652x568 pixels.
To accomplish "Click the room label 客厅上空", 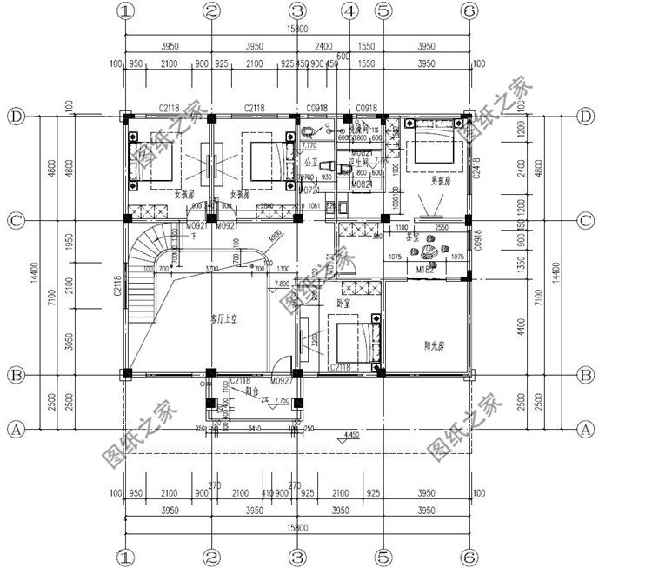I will (x=223, y=319).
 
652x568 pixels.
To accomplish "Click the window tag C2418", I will (x=476, y=168).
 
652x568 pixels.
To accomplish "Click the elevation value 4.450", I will (x=352, y=433).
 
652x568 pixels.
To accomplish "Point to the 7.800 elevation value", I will (x=282, y=284).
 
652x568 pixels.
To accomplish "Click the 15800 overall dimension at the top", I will (x=297, y=29).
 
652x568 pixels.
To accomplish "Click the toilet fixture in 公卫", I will (x=328, y=165).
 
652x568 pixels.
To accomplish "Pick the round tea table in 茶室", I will (x=429, y=253).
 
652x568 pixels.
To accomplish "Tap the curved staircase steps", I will (x=143, y=252).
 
